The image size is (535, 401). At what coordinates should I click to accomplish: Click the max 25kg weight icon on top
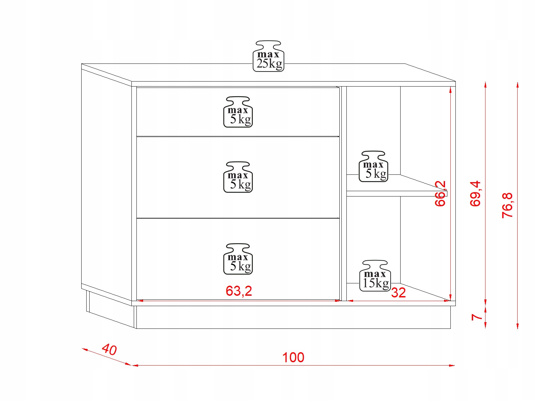click(269, 56)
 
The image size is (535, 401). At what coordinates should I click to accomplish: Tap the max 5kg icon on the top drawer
click(238, 112)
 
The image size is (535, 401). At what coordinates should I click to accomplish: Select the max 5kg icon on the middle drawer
click(238, 177)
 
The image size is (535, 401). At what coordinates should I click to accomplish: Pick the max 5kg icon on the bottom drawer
click(238, 259)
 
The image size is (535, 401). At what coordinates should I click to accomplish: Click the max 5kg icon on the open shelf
click(373, 167)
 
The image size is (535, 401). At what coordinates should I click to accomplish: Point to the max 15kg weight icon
click(375, 276)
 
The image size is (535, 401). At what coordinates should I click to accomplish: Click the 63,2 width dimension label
click(239, 291)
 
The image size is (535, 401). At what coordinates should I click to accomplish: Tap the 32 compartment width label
click(398, 293)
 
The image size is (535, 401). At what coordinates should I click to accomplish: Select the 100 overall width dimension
click(293, 358)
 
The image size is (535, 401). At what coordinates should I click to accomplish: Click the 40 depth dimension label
click(109, 350)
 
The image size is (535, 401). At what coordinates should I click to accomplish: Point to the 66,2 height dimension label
click(441, 193)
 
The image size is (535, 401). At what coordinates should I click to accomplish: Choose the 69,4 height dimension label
click(475, 193)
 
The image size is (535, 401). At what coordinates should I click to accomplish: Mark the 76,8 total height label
click(507, 206)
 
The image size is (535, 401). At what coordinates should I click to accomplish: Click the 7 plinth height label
click(476, 317)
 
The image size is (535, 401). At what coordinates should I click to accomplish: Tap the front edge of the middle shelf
click(397, 193)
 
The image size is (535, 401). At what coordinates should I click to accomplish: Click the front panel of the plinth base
click(293, 317)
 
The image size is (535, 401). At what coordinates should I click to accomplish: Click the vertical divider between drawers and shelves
click(343, 194)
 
